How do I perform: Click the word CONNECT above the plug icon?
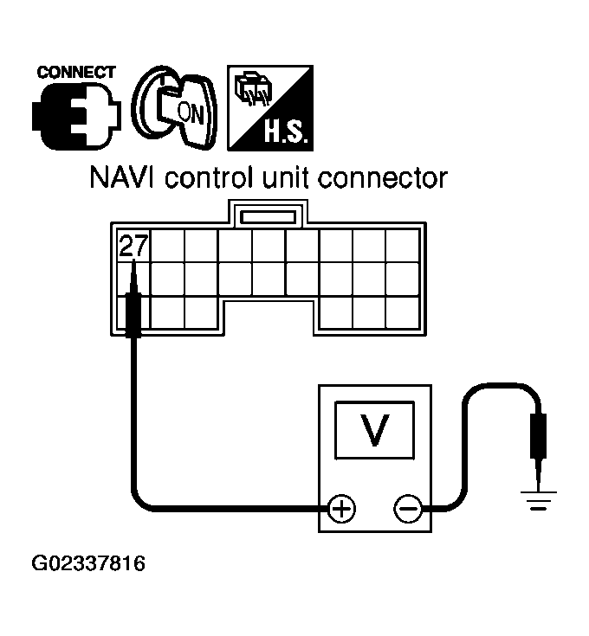pos(76,72)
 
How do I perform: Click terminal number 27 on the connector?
pos(133,246)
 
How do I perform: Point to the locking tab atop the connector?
pos(269,214)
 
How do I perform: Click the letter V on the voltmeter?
pos(373,430)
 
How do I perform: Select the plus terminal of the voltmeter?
pos(343,508)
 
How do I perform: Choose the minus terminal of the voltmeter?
pos(406,508)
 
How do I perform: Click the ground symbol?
pos(538,498)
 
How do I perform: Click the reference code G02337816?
pos(88,565)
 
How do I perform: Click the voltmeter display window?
pos(373,429)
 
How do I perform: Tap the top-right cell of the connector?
pos(402,245)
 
